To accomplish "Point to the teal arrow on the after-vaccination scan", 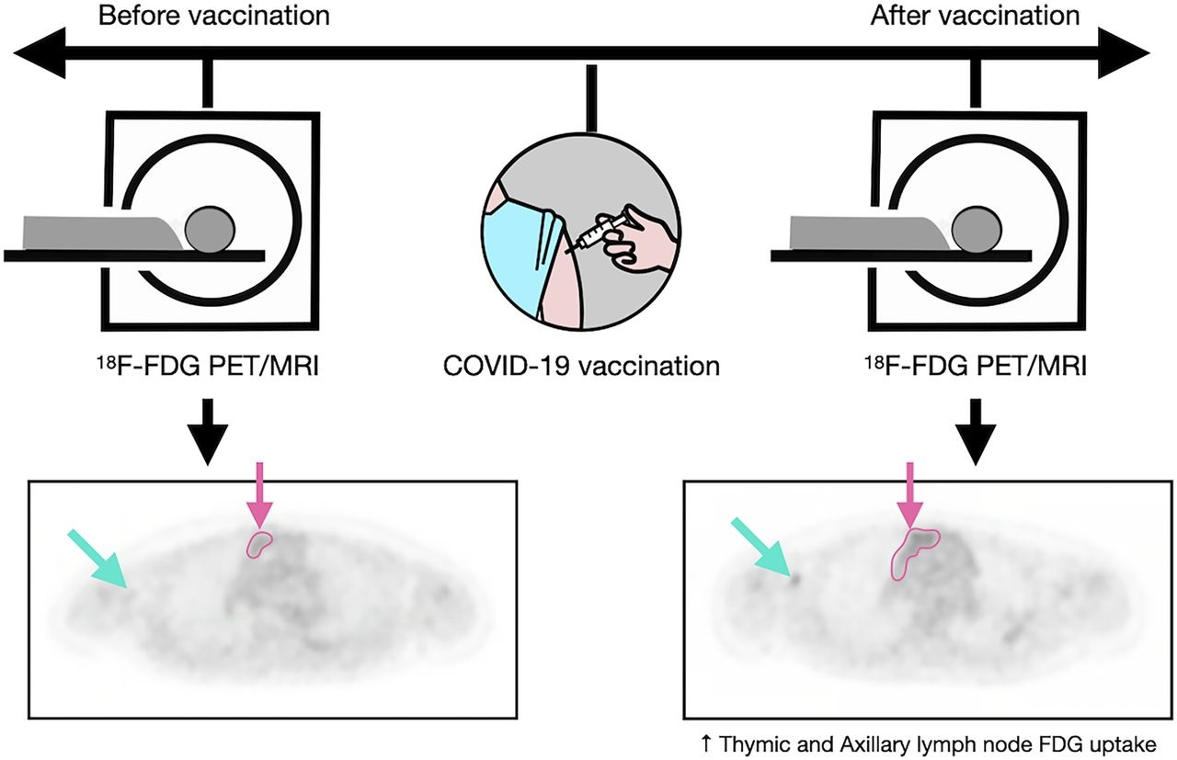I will (x=762, y=549).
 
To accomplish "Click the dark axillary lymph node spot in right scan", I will (x=795, y=578).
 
